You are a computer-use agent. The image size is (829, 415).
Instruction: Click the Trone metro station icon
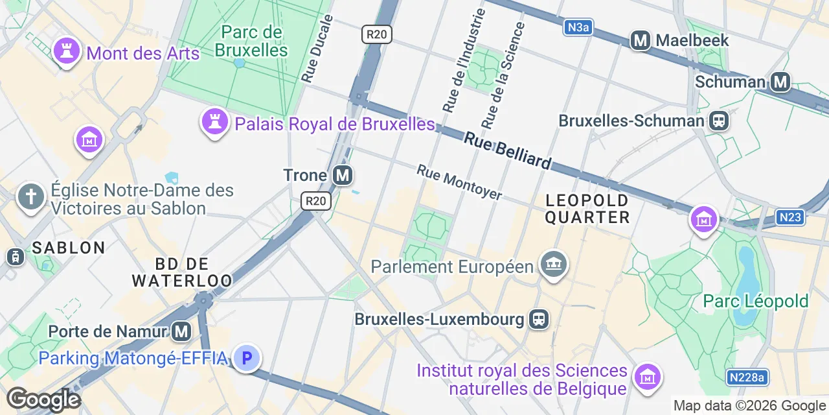(x=343, y=175)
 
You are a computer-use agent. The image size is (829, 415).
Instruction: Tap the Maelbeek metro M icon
(x=641, y=40)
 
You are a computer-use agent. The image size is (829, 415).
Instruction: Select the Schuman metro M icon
(x=781, y=82)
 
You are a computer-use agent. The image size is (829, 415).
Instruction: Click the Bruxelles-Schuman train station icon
(x=718, y=121)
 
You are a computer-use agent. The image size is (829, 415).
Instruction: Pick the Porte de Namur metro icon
(x=181, y=331)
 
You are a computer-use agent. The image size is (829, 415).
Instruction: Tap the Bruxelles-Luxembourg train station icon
(x=538, y=319)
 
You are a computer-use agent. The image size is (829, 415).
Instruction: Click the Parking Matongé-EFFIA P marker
(x=246, y=357)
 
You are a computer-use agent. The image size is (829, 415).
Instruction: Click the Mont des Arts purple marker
(x=65, y=51)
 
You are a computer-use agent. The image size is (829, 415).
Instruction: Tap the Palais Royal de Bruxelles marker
(x=213, y=121)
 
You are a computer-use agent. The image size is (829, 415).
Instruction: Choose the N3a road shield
(x=578, y=27)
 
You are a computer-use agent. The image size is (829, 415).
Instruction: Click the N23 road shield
(x=790, y=217)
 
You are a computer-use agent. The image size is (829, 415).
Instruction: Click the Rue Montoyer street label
(x=459, y=182)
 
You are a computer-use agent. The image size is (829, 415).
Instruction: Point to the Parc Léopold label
(x=756, y=301)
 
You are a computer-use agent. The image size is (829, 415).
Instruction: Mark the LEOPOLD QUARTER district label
(x=587, y=208)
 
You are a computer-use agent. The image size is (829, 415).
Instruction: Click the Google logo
(x=43, y=399)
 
